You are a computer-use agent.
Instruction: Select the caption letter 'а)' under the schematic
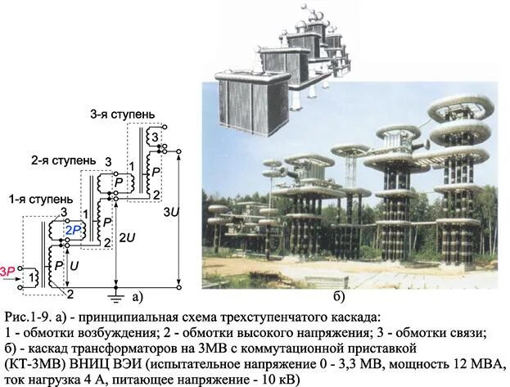(x=138, y=295)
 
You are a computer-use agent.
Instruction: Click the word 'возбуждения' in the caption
(x=102, y=332)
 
